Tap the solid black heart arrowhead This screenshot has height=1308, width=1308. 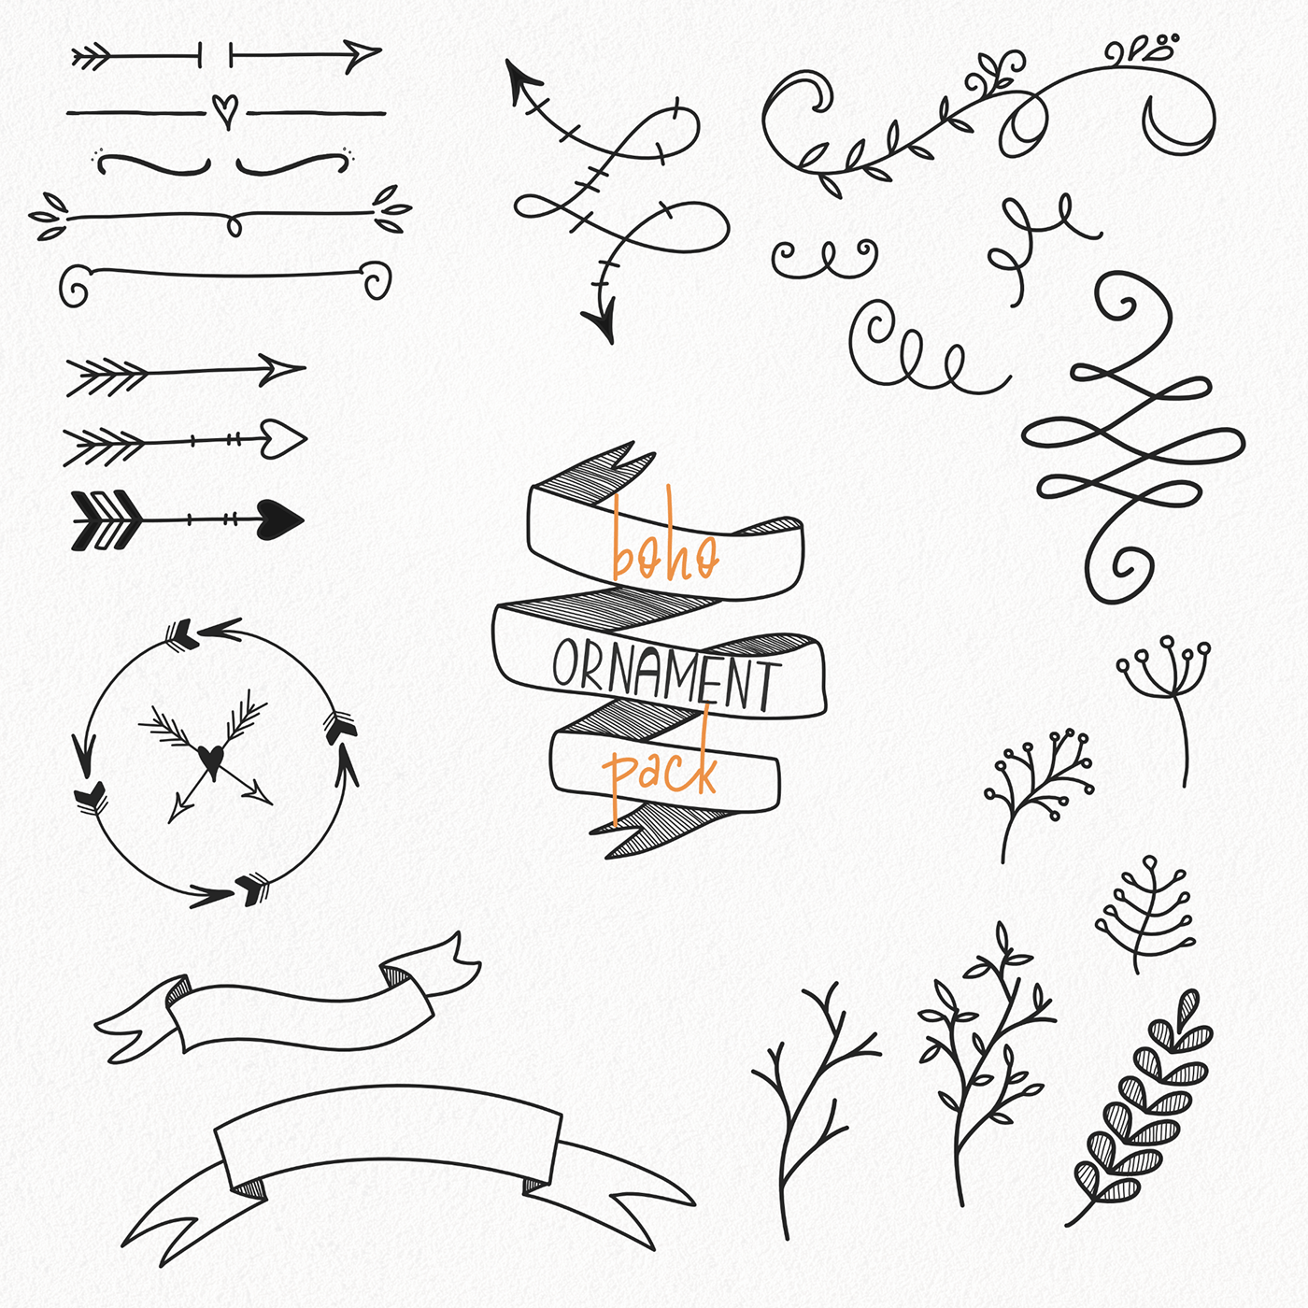(279, 520)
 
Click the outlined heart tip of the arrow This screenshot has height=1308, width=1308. (282, 438)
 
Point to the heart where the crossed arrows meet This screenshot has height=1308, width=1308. (212, 760)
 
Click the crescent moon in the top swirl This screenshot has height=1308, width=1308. (1169, 130)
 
